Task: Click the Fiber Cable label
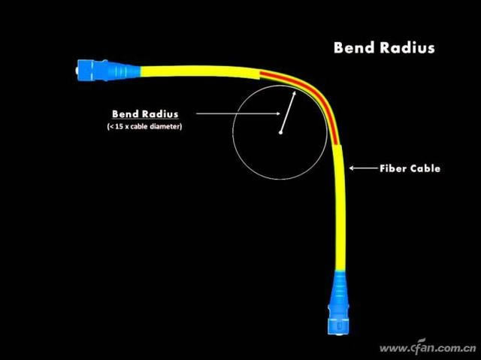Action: [410, 168]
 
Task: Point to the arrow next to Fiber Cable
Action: [362, 168]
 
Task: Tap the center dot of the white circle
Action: [280, 134]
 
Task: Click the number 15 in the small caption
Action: [120, 126]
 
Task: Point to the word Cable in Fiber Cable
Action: [425, 168]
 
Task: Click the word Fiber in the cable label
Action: [393, 168]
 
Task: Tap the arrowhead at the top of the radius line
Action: [293, 94]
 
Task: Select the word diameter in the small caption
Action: [167, 126]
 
